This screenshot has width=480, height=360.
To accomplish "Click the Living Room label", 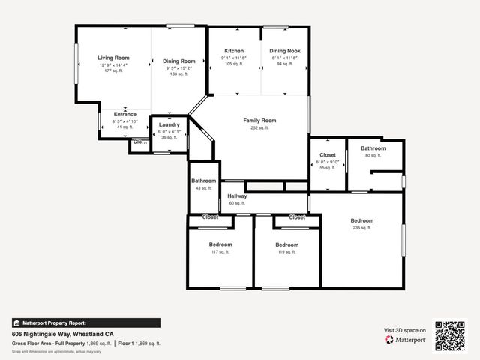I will click(113, 58).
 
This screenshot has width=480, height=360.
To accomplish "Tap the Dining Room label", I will click(179, 61).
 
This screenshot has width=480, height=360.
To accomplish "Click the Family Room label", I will click(259, 120).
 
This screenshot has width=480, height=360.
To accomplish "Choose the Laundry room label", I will click(169, 124).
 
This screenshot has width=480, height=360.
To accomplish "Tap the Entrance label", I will click(124, 114).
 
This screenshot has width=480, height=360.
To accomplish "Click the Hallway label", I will click(237, 196).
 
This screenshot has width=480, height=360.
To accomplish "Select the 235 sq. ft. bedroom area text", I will click(362, 228).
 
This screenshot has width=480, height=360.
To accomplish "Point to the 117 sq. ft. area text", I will click(220, 252).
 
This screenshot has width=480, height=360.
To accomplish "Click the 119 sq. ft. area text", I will click(286, 252).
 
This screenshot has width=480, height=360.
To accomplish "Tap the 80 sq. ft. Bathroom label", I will click(373, 148).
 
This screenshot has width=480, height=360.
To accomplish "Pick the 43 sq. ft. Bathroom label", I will click(203, 181).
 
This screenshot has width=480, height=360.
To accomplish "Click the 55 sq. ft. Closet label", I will click(328, 155).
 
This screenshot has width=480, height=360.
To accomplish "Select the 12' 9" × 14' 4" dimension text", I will click(113, 65).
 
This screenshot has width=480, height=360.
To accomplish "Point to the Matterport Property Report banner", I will click(85, 322).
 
